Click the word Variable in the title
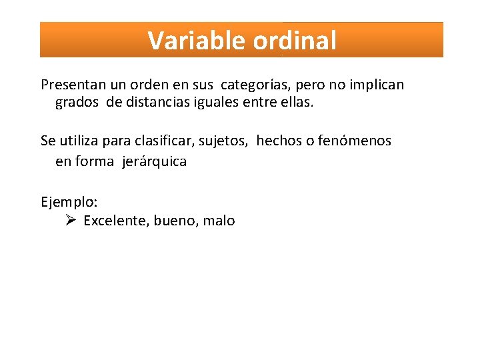coord(197,41)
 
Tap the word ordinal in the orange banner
coord(295,41)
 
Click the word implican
coord(377,85)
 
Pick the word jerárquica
coord(154,161)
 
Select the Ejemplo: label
coord(69,202)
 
